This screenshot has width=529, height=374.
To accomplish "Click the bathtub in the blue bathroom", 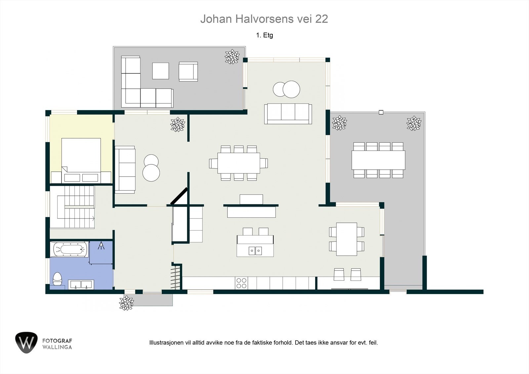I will click(70, 249).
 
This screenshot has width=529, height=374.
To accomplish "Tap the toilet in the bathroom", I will click(58, 279).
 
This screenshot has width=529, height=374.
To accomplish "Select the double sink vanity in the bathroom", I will click(81, 284).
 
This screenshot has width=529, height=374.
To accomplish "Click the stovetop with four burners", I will click(241, 283).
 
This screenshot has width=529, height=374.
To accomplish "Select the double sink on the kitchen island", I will click(255, 251).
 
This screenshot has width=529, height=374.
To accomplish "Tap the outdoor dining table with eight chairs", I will click(378, 160).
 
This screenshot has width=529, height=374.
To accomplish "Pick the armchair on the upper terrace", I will click(188, 71).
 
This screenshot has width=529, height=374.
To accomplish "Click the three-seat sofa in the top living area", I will click(288, 113).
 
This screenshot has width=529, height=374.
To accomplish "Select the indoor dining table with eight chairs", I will click(238, 163).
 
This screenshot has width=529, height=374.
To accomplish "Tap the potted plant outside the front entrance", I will click(126, 303).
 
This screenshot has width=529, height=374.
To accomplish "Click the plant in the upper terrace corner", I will click(232, 57).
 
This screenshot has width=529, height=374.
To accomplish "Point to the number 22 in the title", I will click(321, 19).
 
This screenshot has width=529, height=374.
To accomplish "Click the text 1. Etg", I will click(264, 35).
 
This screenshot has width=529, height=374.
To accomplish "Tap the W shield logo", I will click(26, 343).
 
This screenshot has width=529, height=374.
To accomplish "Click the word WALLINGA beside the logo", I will click(57, 347).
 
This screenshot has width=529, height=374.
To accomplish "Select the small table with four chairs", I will click(346, 237).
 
